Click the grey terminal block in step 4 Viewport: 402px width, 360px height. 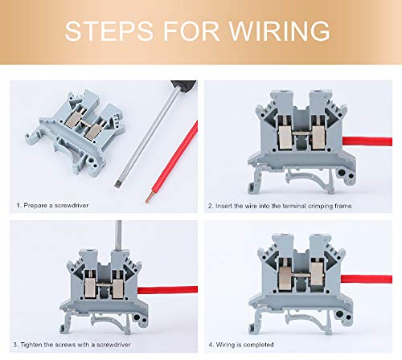297,277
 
